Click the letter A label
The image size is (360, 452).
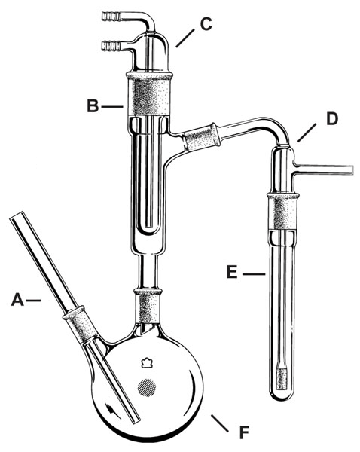(17, 300)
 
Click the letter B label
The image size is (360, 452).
(93, 105)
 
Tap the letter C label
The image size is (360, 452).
(206, 24)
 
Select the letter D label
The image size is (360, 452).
(332, 119)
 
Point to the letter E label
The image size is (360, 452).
(232, 272)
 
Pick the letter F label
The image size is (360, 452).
(244, 432)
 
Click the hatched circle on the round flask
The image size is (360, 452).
(147, 387)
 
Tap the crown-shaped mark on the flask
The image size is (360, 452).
(147, 362)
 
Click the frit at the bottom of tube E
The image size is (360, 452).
(282, 378)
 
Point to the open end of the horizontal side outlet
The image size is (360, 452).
(352, 169)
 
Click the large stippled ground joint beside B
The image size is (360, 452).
(150, 95)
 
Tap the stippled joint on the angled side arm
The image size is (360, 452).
(202, 138)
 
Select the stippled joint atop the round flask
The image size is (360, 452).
(148, 306)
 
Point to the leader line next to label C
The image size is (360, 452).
(185, 38)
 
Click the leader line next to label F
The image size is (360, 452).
(220, 423)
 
